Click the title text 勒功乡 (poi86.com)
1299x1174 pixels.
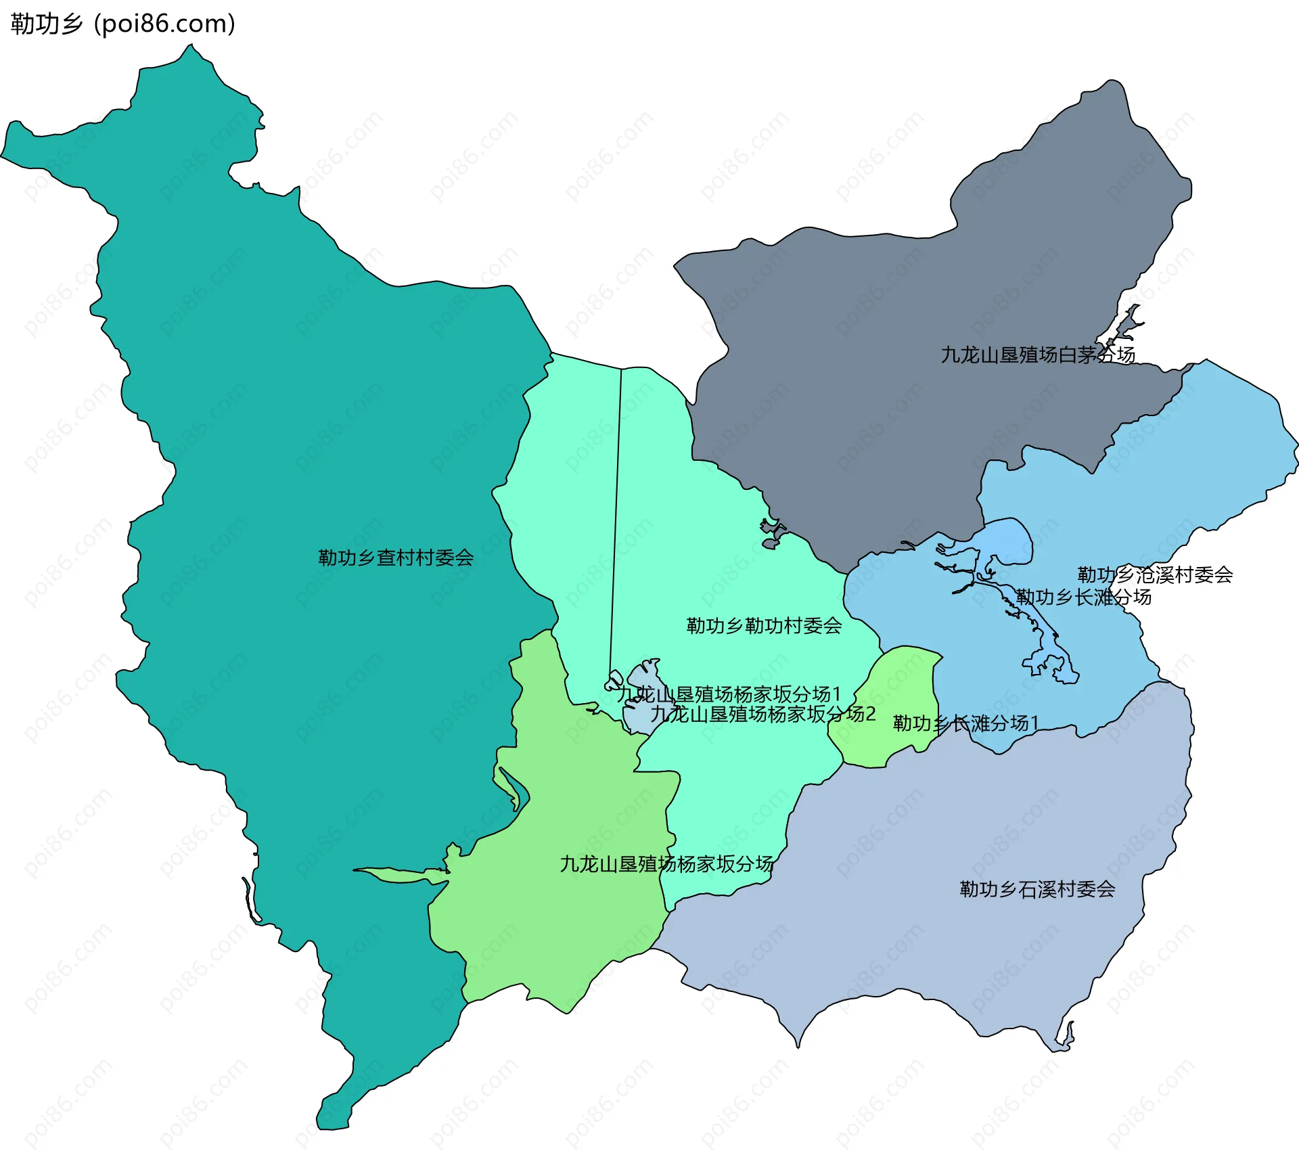coord(122,24)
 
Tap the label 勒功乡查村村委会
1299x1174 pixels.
coord(396,558)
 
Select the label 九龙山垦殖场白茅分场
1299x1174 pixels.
coord(1037,355)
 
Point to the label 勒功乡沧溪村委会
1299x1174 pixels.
coord(1155,574)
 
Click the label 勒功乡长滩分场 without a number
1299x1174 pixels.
coord(1083,597)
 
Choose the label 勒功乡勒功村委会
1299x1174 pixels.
coord(764,625)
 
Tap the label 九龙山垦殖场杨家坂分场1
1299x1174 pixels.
coord(728,694)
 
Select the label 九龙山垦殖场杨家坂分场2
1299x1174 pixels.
coord(762,714)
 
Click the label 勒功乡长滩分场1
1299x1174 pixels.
coord(965,723)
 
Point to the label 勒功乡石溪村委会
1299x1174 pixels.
coord(1037,889)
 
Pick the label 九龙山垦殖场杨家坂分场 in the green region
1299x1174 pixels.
coord(666,864)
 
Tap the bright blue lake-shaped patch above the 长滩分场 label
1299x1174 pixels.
coord(1008,541)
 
